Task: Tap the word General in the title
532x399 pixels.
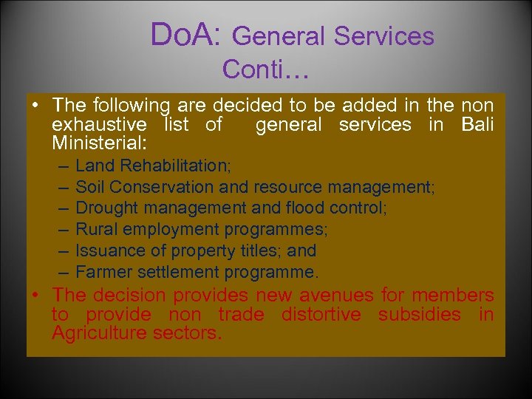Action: tap(280, 35)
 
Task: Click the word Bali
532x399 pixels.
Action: tap(477, 124)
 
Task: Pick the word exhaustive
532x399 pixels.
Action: tap(99, 124)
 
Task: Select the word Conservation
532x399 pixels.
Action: tap(170, 187)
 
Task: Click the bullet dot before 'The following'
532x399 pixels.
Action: tap(35, 106)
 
